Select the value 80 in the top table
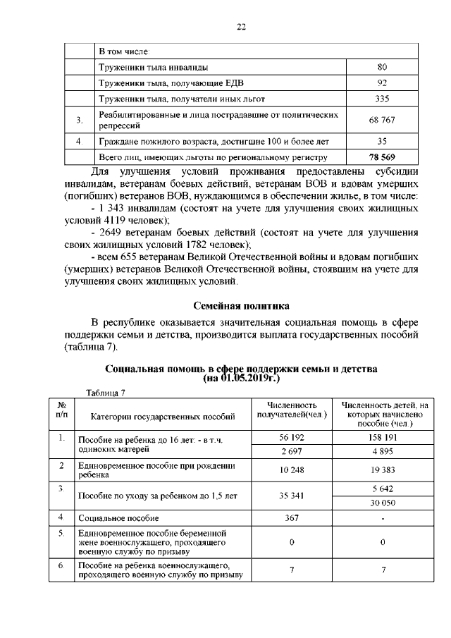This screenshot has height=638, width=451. click(x=382, y=67)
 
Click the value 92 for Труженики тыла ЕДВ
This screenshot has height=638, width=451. click(x=382, y=82)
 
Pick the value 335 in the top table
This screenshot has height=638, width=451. click(x=382, y=99)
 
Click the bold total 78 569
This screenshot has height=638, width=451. click(x=382, y=157)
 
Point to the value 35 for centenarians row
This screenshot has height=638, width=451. click(x=382, y=141)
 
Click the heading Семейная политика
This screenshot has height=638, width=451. click(x=240, y=306)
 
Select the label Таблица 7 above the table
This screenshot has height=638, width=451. click(x=104, y=393)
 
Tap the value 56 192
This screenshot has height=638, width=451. click(x=292, y=438)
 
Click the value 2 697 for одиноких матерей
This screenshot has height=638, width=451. click(x=292, y=451)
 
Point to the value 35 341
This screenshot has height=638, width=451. click(x=292, y=496)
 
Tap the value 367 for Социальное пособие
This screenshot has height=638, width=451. click(x=292, y=518)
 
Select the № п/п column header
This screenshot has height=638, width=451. click(x=61, y=410)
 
